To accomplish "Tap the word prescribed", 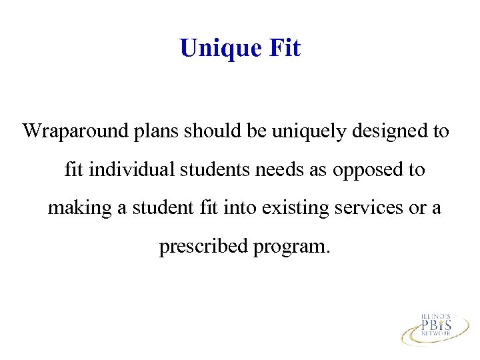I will pyautogui.click(x=203, y=247).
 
